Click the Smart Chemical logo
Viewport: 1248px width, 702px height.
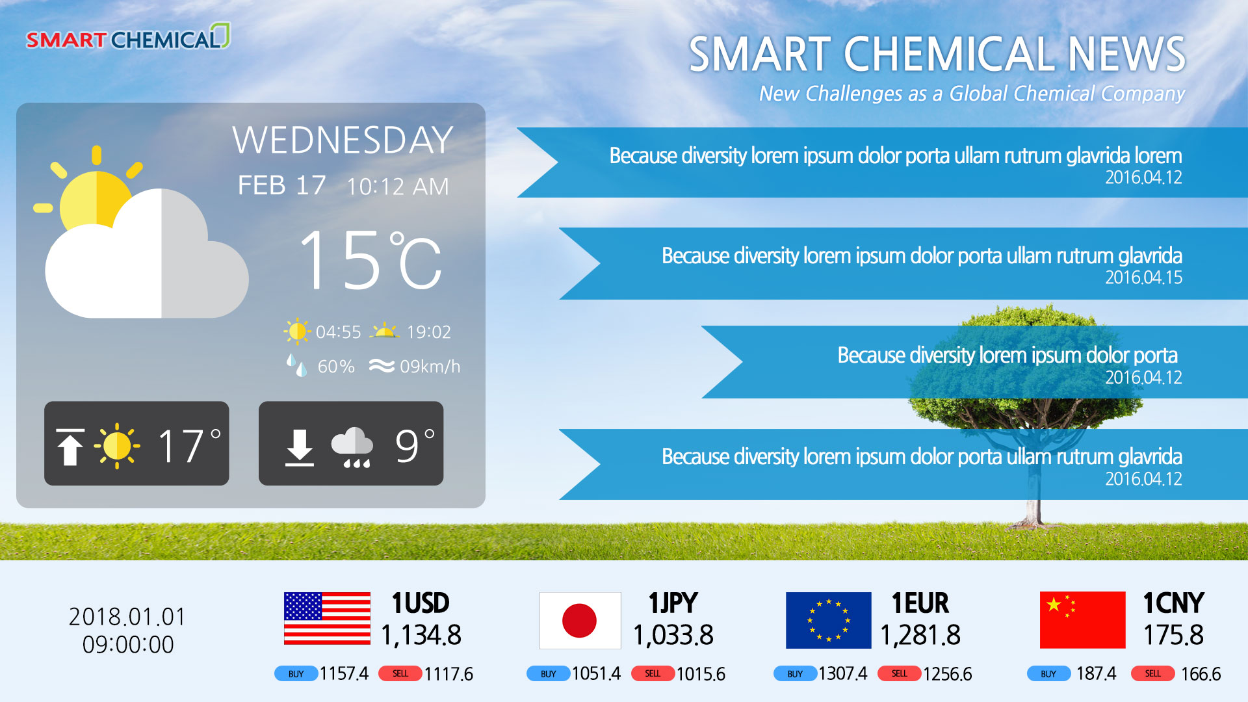pyautogui.click(x=128, y=37)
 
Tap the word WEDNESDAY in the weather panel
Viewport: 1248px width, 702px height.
pyautogui.click(x=343, y=140)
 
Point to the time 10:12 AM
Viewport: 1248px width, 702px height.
pyautogui.click(x=397, y=187)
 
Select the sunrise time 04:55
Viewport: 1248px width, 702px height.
pyautogui.click(x=338, y=332)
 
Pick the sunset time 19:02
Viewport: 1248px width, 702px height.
pyautogui.click(x=428, y=332)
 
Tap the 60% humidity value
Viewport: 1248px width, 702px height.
pyautogui.click(x=336, y=367)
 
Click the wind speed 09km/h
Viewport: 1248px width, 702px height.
pyautogui.click(x=430, y=367)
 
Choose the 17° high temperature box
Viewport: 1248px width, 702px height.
pyautogui.click(x=136, y=443)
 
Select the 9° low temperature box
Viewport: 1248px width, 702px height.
pyautogui.click(x=351, y=443)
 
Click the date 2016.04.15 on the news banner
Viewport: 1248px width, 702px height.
pyautogui.click(x=1143, y=278)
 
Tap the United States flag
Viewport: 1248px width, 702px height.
pyautogui.click(x=327, y=618)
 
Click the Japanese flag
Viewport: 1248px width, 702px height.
pyautogui.click(x=580, y=620)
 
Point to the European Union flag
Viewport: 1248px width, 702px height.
pyautogui.click(x=828, y=620)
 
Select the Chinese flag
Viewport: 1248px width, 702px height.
pyautogui.click(x=1082, y=620)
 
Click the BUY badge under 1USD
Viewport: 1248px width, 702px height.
pyautogui.click(x=296, y=673)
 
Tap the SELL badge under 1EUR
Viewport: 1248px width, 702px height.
pyautogui.click(x=899, y=673)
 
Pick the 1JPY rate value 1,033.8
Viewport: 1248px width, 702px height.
pyautogui.click(x=673, y=635)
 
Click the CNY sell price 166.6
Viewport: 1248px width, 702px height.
pyautogui.click(x=1201, y=674)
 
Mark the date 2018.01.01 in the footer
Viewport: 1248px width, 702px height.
pyautogui.click(x=127, y=617)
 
